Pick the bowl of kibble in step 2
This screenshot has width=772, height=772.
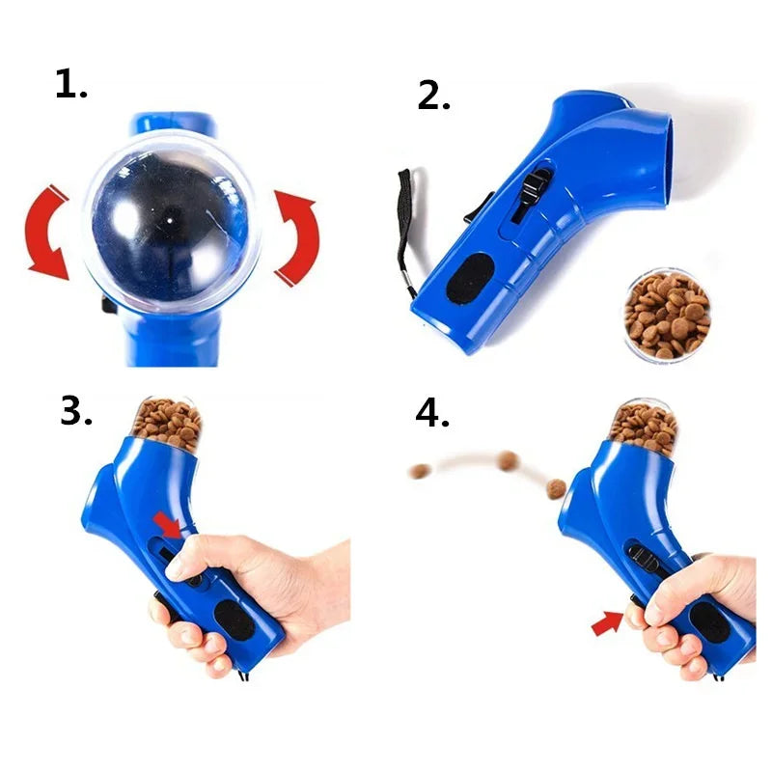coord(667,314)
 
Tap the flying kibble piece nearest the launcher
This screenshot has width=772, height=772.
coord(555,489)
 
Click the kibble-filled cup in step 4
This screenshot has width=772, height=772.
coord(644,425)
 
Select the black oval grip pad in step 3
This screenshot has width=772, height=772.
coord(235,620)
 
